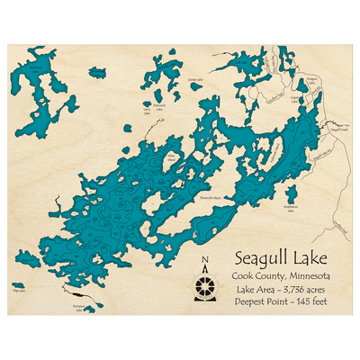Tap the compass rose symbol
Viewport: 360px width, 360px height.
[x=205, y=284]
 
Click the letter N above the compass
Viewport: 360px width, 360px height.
[x=205, y=261]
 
